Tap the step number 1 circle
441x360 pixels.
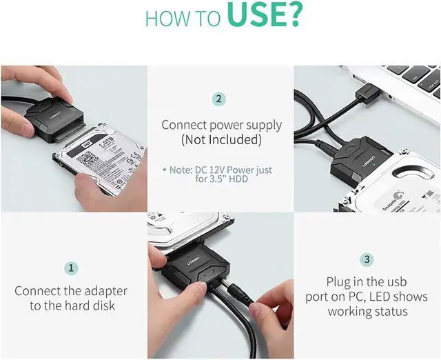[72, 268]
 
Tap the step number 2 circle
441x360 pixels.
[220, 99]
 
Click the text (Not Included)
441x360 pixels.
[221, 140]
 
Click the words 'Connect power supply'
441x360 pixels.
[221, 125]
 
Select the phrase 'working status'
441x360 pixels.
[367, 311]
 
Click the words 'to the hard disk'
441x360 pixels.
[72, 306]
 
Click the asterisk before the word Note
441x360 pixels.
[164, 169]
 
